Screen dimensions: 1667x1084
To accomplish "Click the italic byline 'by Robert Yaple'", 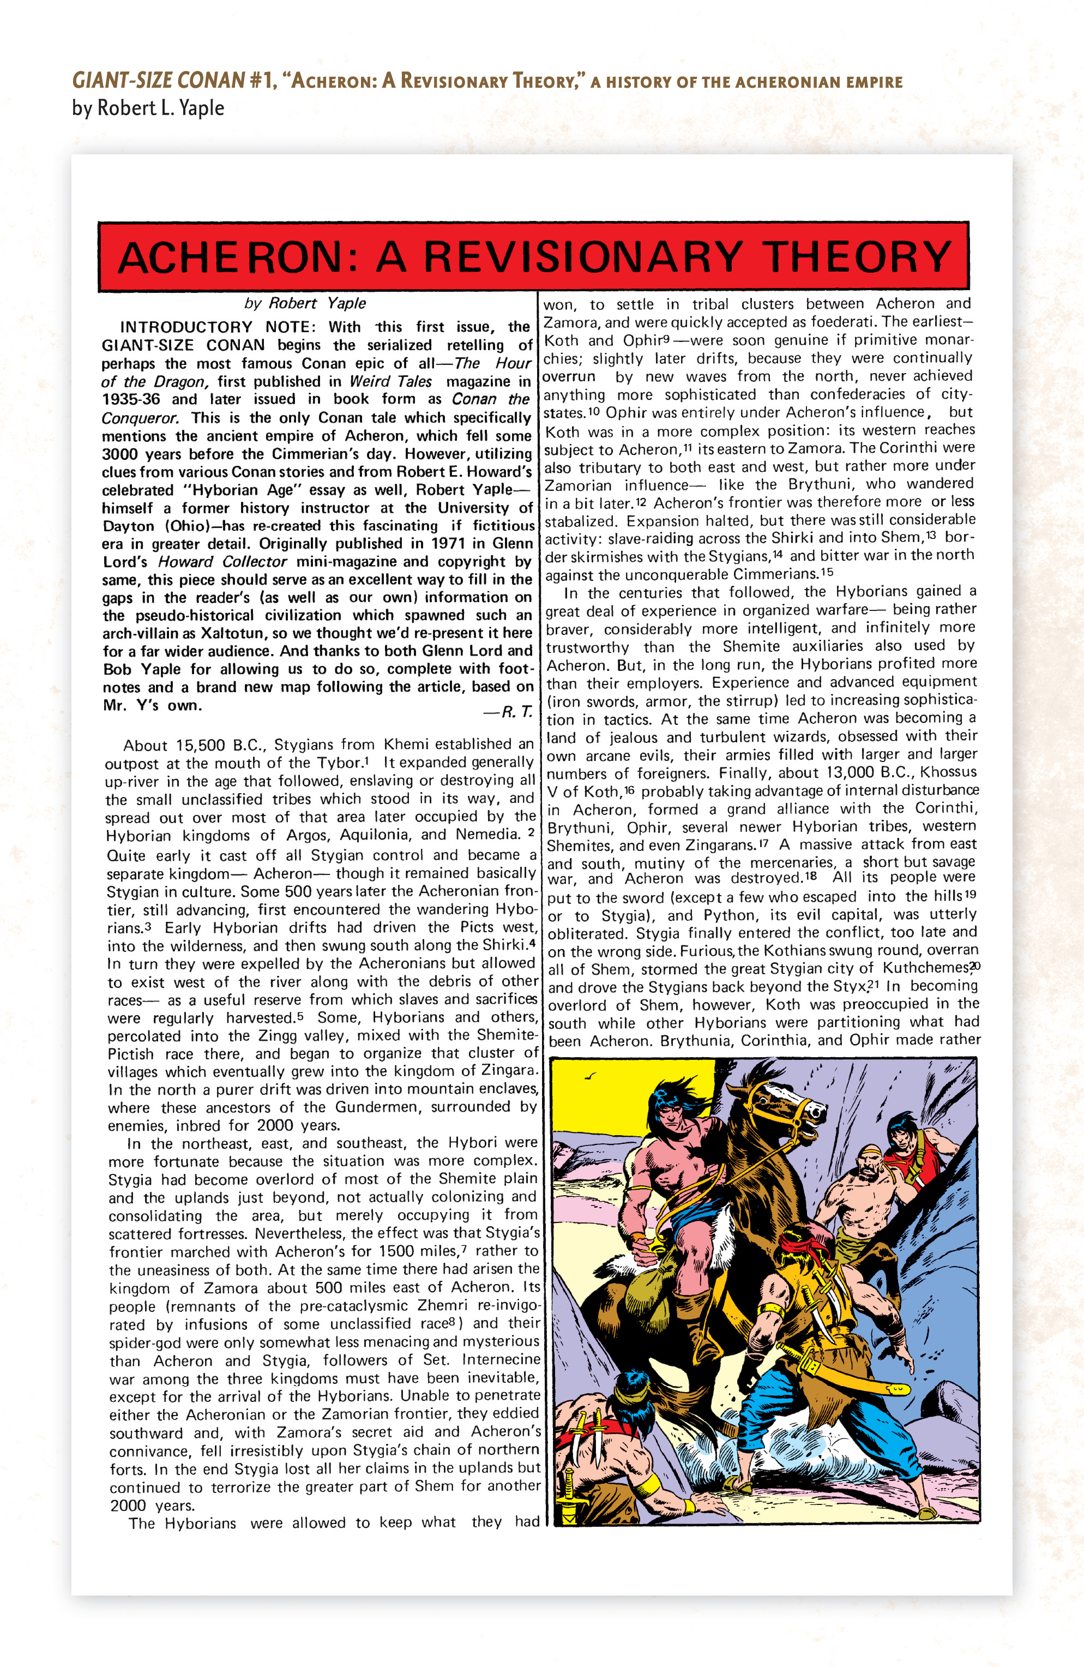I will coord(305,303).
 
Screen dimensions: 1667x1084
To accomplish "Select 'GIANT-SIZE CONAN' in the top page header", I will coord(158,81).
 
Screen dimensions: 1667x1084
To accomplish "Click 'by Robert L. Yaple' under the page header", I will coord(148,108).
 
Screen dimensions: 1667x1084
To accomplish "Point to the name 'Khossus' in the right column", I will coord(948,772).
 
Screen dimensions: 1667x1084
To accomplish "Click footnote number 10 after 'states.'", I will coord(594,411).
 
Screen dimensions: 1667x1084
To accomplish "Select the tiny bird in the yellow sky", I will coord(592,1077).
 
